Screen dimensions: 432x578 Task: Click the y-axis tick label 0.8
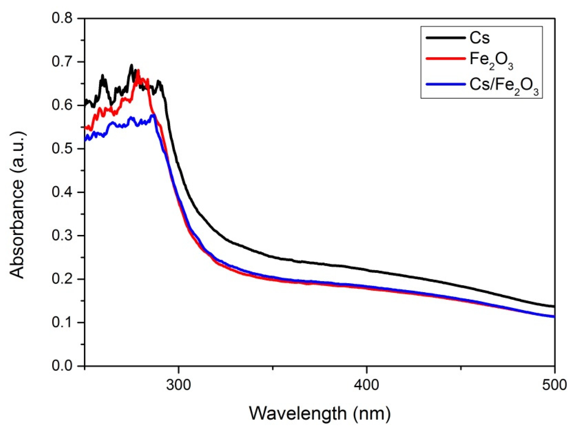(x=62, y=19)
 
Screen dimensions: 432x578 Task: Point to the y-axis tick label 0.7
(x=62, y=62)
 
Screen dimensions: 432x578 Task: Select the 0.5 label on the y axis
(x=62, y=149)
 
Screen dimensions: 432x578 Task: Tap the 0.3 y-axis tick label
(x=62, y=236)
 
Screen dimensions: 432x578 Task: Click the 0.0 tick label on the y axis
(x=62, y=366)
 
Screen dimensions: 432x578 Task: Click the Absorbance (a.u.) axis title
(x=17, y=205)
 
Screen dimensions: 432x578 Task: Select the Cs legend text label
(x=480, y=38)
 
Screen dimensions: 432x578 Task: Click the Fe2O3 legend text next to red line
(x=491, y=61)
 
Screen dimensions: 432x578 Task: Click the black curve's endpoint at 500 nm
(x=554, y=306)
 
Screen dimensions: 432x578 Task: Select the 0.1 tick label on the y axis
(x=62, y=322)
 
